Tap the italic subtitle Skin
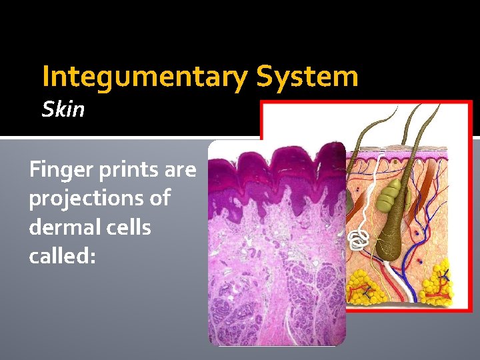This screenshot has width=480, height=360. pyautogui.click(x=63, y=109)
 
